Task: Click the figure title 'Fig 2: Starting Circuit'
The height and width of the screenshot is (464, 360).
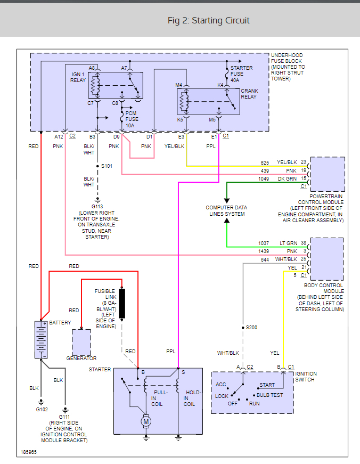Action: [x=208, y=21]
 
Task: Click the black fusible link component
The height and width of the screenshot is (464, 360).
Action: [x=122, y=303]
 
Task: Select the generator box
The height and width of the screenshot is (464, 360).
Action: [x=81, y=342]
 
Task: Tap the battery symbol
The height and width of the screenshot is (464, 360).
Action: [x=41, y=339]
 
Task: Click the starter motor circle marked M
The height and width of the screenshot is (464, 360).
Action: [x=146, y=422]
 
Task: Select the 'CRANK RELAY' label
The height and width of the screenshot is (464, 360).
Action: [x=249, y=94]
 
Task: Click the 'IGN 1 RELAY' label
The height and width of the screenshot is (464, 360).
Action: [x=78, y=77]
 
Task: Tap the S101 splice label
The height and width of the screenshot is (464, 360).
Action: [x=107, y=166]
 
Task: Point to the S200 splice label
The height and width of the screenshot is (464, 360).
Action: [x=251, y=327]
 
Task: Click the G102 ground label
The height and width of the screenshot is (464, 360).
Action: [x=42, y=409]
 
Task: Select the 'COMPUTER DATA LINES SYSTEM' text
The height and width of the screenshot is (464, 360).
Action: [x=226, y=210]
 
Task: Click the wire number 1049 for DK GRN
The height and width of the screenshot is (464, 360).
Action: [x=264, y=178]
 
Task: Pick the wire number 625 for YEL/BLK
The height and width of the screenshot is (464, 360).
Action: [x=265, y=162]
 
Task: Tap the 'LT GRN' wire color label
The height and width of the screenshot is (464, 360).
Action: [x=288, y=242]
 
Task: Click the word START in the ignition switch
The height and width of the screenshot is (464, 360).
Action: [x=267, y=385]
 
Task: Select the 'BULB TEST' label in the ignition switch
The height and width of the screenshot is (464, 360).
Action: [x=269, y=395]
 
